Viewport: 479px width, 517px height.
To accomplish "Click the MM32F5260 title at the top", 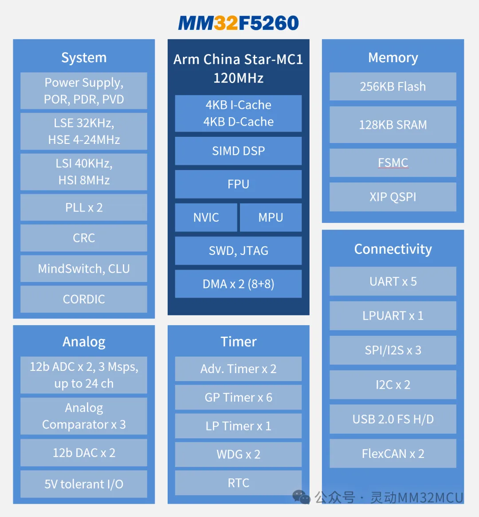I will [x=239, y=23].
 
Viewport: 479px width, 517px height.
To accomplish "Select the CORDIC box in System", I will [x=84, y=299].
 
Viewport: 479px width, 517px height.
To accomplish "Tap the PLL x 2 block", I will [x=84, y=207].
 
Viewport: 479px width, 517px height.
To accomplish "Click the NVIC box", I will [x=206, y=217].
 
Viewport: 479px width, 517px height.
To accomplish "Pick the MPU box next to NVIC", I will [x=271, y=217].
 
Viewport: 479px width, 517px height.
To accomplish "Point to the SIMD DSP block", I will [x=239, y=151].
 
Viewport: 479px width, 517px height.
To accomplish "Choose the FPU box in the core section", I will [x=239, y=184].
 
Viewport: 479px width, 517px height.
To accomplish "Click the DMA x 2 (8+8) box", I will [x=239, y=284].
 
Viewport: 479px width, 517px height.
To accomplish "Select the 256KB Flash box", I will [x=393, y=87].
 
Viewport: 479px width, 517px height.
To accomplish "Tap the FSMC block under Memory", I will [x=393, y=163].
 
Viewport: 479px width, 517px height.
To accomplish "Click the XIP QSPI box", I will [x=393, y=197].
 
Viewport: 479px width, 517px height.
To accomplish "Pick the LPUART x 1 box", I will [x=393, y=316].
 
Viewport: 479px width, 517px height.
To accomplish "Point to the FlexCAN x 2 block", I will [x=393, y=453].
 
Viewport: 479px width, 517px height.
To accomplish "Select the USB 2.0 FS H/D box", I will [x=393, y=419].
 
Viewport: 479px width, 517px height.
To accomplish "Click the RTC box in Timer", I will [x=239, y=483].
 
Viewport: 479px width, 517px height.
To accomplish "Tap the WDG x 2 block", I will [x=239, y=454].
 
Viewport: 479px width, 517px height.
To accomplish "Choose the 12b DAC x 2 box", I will [x=84, y=453].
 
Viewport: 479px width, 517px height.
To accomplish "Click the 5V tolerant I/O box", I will [x=84, y=484].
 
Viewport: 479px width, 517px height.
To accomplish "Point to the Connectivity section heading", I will [x=393, y=249].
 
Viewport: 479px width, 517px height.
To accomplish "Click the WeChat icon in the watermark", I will [x=302, y=497].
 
